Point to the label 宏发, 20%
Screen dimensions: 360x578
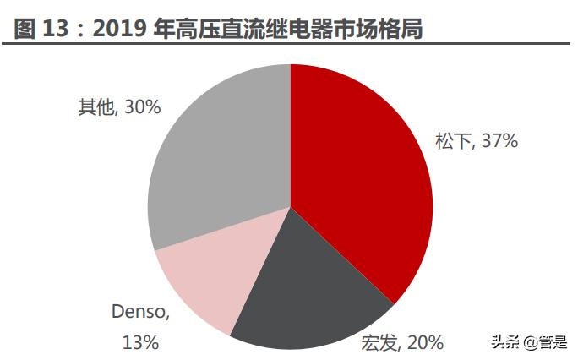point(401,342)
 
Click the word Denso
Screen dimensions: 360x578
point(140,312)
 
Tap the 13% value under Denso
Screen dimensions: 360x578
point(140,342)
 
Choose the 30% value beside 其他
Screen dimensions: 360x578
point(142,107)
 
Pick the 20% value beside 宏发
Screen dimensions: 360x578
point(425,342)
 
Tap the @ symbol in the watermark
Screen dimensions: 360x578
point(528,342)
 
